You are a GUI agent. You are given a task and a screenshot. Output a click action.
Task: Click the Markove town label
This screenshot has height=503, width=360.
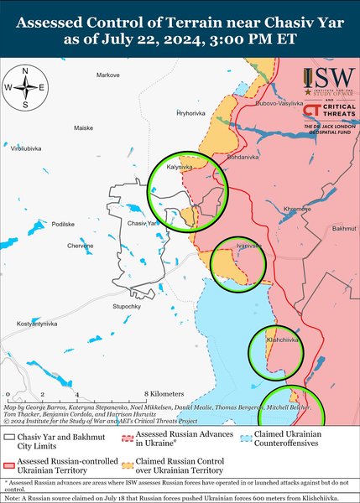pos(108,75)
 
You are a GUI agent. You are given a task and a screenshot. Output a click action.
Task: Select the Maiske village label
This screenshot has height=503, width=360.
pos(84,127)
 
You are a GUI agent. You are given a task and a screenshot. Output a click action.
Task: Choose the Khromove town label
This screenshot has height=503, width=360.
pos(297,208)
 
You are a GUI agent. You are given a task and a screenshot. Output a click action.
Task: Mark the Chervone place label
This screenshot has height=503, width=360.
pos(81,246)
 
